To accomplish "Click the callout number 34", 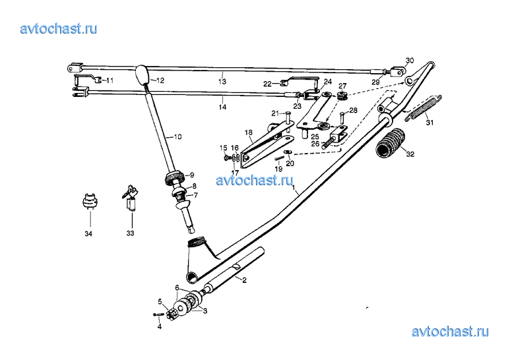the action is (88, 233).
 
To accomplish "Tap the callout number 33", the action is (130, 233).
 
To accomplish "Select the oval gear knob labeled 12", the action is (142, 75).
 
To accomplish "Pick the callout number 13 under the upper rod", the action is (222, 81).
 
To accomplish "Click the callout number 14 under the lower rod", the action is (222, 107).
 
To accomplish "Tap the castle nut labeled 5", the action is (171, 314).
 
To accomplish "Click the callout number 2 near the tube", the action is (244, 280).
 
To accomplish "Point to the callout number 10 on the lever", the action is (177, 136).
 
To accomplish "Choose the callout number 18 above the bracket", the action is (249, 133).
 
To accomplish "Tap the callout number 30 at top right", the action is (410, 61).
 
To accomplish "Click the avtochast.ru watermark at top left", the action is (59, 28).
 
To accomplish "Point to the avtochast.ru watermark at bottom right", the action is (450, 332).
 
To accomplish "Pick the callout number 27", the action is (342, 86).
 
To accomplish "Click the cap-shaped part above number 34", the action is (90, 201).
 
